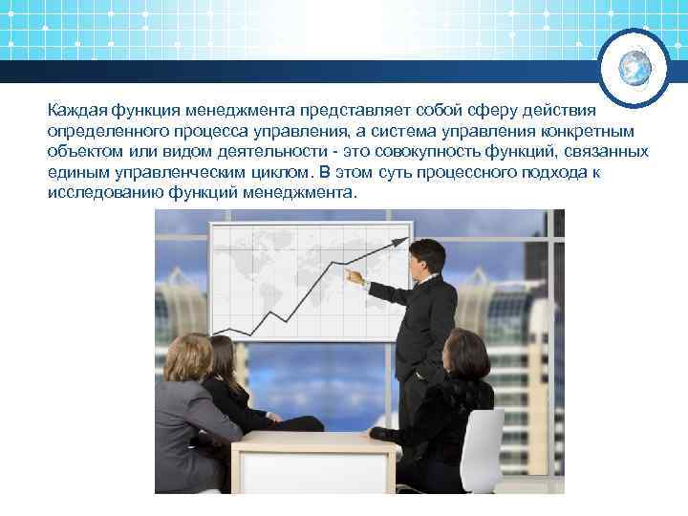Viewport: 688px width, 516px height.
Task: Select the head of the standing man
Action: click(x=422, y=257)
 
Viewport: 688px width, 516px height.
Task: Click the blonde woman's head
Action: click(x=188, y=355)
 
